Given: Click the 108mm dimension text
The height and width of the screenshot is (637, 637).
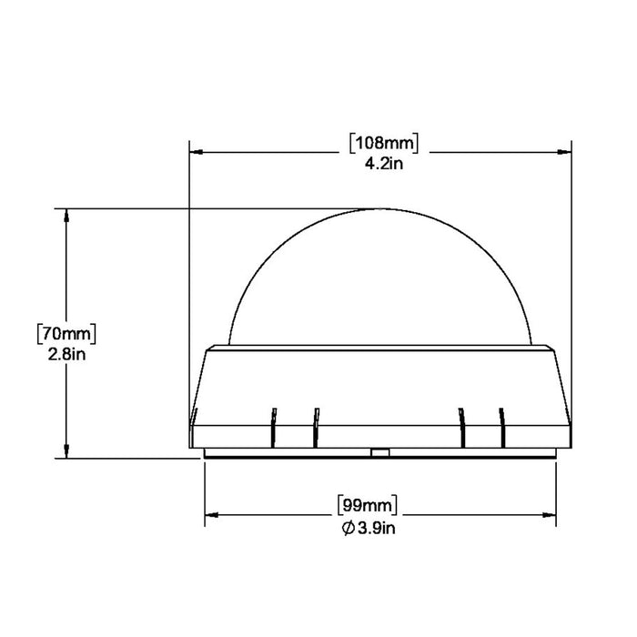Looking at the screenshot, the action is pyautogui.click(x=384, y=143).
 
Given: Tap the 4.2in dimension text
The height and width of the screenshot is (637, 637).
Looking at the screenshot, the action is pyautogui.click(x=384, y=164).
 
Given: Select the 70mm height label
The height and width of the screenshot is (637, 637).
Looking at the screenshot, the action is pyautogui.click(x=66, y=334).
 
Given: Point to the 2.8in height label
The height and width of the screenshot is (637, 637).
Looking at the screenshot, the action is pyautogui.click(x=66, y=355).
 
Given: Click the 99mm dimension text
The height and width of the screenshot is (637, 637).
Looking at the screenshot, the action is pyautogui.click(x=368, y=506).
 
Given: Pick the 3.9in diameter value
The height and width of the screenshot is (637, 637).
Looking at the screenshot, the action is pyautogui.click(x=376, y=528).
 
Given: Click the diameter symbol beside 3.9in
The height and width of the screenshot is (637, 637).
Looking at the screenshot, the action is pyautogui.click(x=349, y=529).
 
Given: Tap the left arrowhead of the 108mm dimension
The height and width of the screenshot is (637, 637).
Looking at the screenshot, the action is pyautogui.click(x=197, y=152).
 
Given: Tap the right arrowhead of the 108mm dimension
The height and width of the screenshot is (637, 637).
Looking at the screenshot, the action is pyautogui.click(x=564, y=152).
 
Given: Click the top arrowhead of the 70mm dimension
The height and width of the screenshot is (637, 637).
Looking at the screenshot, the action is pyautogui.click(x=66, y=216).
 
